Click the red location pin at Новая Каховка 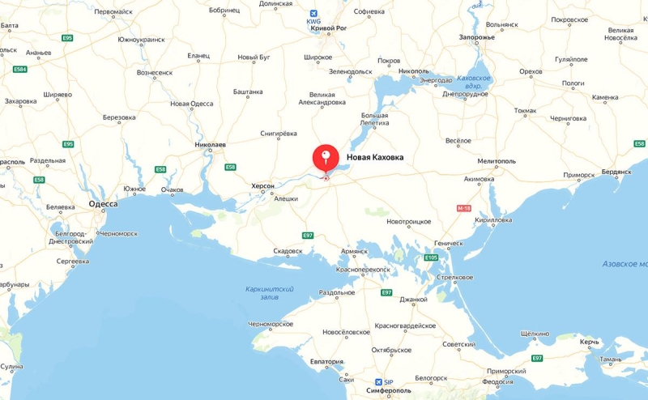(326, 157)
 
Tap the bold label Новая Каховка (375, 158)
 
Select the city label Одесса (103, 204)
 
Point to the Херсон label (262, 186)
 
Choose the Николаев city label (210, 145)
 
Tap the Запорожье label (476, 37)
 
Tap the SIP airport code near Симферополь (388, 382)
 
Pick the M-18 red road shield (464, 208)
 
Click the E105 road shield (431, 257)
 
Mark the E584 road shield (20, 70)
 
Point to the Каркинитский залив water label (270, 293)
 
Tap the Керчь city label (589, 343)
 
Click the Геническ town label (448, 243)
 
